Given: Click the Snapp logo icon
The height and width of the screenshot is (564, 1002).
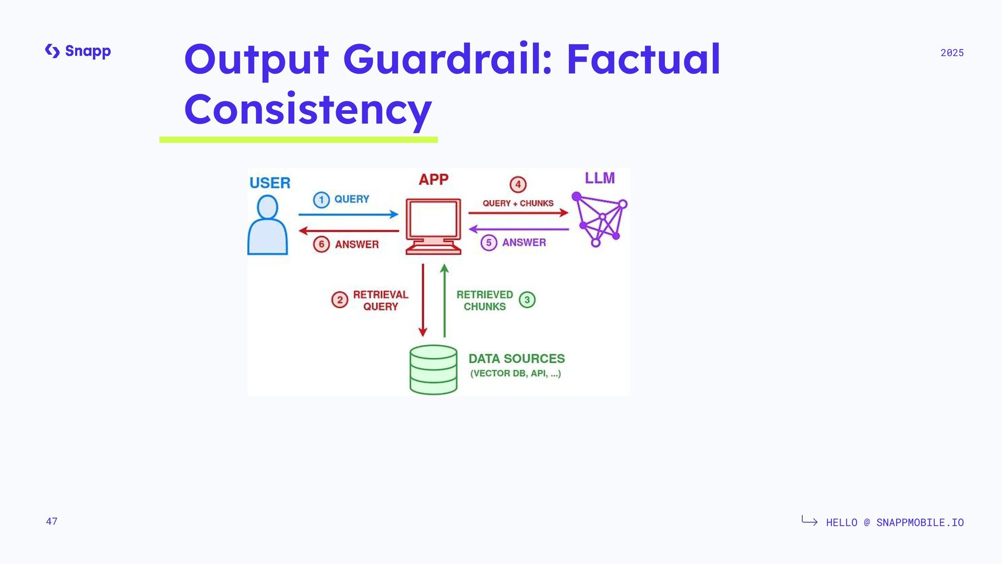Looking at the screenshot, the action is point(52,51).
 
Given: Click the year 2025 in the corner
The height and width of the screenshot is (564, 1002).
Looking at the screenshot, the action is point(952,53).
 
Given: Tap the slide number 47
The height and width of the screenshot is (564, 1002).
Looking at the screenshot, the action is point(52,521).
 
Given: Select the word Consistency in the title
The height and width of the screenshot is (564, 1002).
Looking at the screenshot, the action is point(308,109).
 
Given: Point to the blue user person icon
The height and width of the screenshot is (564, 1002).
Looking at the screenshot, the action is point(268,225).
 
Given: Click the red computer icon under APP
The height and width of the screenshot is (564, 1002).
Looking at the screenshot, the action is point(433,226).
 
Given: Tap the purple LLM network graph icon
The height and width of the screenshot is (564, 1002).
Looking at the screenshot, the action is point(600,219).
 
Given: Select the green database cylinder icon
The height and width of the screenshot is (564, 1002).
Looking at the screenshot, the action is point(433,369).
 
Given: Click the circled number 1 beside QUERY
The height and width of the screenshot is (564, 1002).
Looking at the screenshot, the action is point(321,199).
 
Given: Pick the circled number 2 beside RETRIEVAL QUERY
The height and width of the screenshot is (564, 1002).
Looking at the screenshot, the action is point(340,300).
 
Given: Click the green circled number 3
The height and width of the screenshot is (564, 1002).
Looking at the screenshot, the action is point(527,300).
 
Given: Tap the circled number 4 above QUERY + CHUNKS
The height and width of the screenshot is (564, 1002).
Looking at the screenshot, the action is point(518,184).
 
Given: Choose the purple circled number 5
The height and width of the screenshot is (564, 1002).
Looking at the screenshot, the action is point(488,243).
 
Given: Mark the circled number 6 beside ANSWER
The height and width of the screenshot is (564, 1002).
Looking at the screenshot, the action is point(321,244).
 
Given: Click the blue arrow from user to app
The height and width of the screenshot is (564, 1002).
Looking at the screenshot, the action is point(348,214).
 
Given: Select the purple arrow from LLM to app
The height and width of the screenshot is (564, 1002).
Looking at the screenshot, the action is point(519,229).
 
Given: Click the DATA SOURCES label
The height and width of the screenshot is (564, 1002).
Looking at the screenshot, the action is point(517,359).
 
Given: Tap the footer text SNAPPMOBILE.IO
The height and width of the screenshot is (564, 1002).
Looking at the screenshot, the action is point(920,522).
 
